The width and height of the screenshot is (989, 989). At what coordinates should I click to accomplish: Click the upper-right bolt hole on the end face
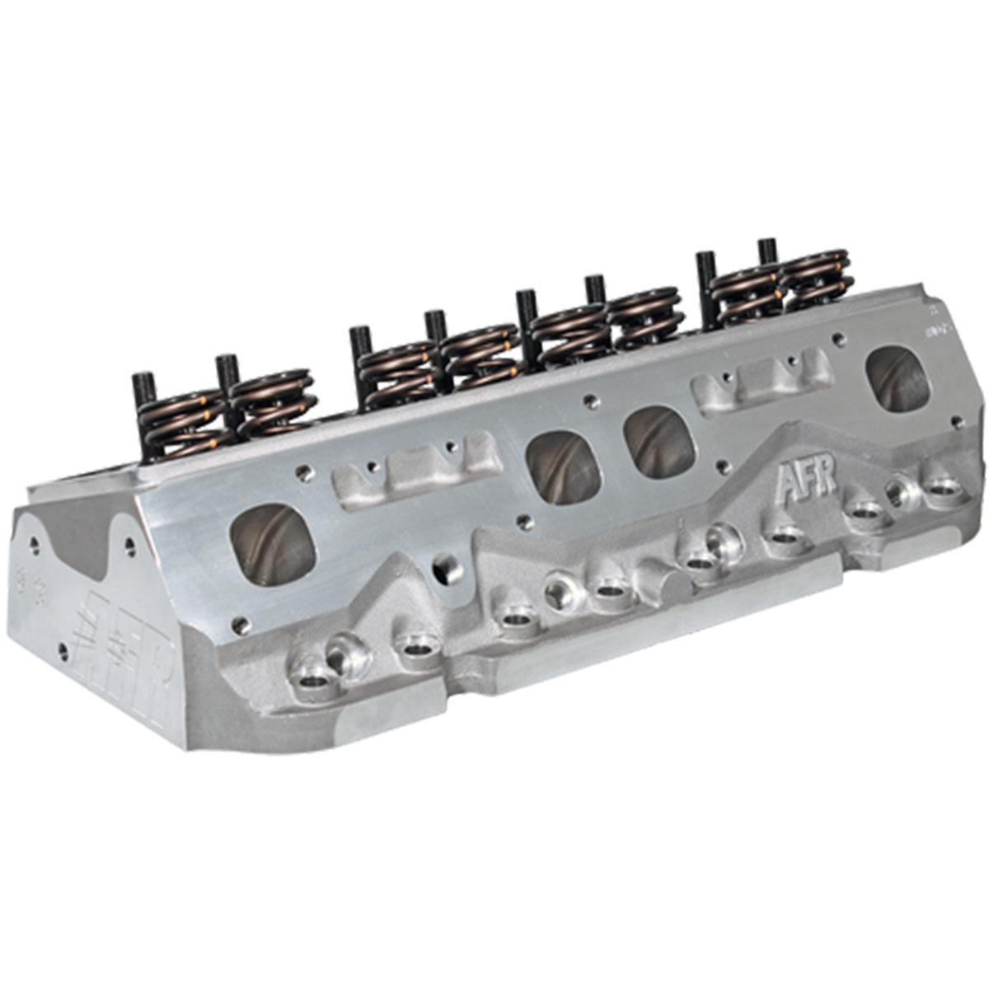click(x=129, y=545)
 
